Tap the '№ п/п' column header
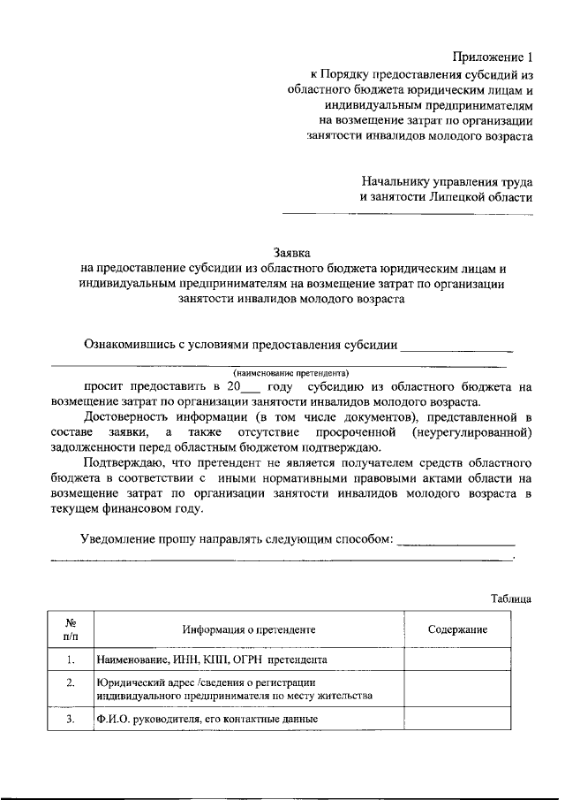tap(71, 629)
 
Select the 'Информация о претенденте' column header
tap(249, 629)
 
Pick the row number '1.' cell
tap(71, 659)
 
